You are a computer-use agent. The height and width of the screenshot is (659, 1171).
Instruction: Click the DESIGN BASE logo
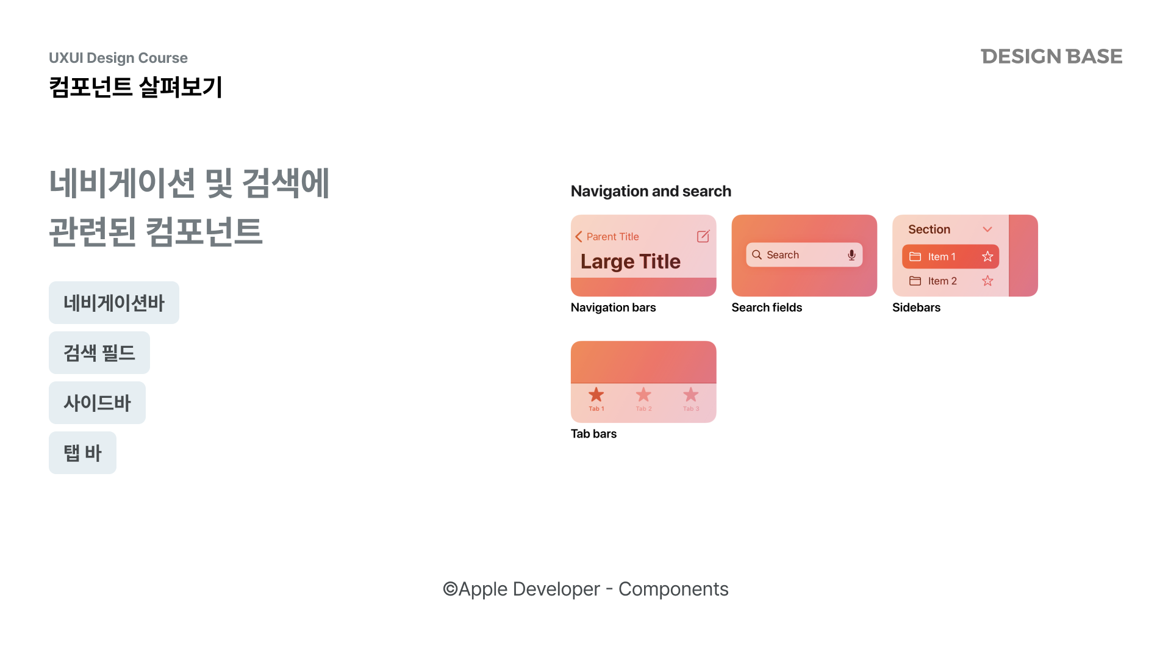coord(1051,56)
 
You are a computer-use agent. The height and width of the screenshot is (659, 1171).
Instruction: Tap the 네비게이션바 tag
coord(114,303)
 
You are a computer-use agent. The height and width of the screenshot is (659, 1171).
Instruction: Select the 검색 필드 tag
coord(99,353)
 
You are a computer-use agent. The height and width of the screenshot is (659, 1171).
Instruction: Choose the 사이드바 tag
coord(97,403)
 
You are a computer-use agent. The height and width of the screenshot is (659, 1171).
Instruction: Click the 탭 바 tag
coord(82,453)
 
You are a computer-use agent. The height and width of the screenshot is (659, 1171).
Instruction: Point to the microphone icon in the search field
coord(851,255)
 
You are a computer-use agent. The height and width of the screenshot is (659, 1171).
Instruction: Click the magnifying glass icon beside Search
coord(757,254)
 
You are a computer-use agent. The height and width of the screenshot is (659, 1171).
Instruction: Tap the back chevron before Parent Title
coord(578,237)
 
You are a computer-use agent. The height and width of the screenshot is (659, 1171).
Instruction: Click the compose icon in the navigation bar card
coord(703,236)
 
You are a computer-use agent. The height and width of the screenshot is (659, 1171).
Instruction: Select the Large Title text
coord(630,261)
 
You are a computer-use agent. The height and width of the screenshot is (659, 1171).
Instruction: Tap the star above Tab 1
coord(596,394)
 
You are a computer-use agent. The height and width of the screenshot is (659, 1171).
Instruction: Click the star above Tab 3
coord(690,394)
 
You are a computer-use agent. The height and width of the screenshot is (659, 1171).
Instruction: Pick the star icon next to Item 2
coord(987,281)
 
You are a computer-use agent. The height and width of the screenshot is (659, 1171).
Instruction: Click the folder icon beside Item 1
coord(915,256)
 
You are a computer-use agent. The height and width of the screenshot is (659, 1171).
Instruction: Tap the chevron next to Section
coord(987,229)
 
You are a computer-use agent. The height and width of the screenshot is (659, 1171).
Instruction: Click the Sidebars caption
coord(916,308)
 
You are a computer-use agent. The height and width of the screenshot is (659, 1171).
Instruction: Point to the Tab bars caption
coord(593,434)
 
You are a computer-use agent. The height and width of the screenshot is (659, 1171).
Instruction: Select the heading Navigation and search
coord(651,191)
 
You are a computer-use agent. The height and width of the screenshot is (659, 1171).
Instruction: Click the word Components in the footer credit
coord(673,589)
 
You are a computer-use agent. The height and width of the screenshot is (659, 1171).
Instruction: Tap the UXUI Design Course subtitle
coord(118,58)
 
